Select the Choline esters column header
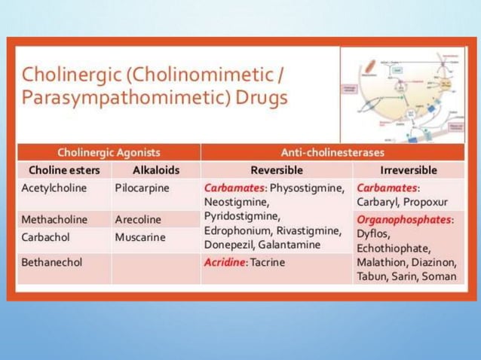[x=63, y=170]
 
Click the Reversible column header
[x=277, y=170]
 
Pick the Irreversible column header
[x=409, y=170]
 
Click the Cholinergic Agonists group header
[x=109, y=152]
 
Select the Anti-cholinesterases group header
[x=332, y=152]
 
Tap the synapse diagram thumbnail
[x=402, y=94]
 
